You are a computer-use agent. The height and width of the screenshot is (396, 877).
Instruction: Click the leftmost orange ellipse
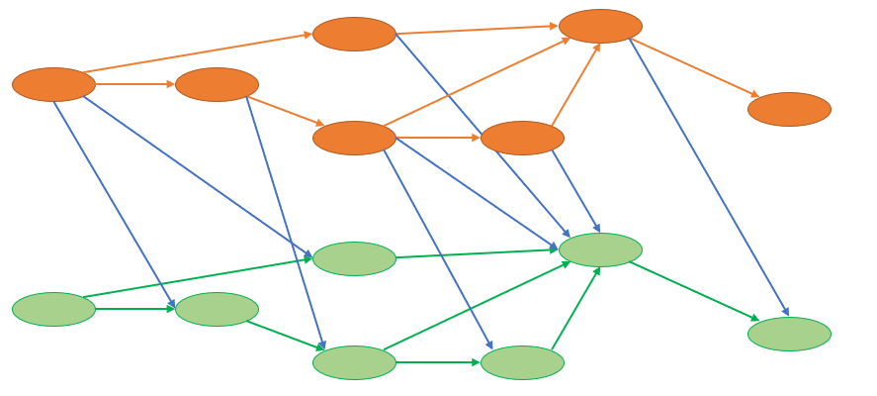click(x=53, y=84)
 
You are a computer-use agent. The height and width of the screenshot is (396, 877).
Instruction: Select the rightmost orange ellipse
click(x=789, y=109)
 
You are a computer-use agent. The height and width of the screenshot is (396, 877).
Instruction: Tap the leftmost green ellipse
click(x=53, y=309)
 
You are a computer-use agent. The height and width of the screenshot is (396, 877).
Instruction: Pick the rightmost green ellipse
click(x=789, y=334)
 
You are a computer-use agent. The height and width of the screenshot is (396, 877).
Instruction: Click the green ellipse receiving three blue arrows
click(x=600, y=249)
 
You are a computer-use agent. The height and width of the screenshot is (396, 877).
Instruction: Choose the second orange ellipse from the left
click(x=217, y=84)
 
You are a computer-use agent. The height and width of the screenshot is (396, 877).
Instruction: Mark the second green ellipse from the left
click(x=217, y=309)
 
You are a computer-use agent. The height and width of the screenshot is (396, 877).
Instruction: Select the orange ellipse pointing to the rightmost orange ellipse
click(x=600, y=26)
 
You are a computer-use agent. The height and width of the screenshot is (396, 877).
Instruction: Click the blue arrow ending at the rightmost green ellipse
click(x=708, y=176)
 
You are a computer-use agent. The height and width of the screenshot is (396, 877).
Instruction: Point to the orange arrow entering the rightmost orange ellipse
click(x=694, y=67)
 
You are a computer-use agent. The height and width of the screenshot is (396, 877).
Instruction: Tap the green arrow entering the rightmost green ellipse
click(x=694, y=292)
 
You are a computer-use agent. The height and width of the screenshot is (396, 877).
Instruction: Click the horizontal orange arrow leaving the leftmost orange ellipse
click(x=134, y=84)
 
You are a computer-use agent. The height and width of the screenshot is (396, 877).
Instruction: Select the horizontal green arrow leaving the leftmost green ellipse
click(x=134, y=309)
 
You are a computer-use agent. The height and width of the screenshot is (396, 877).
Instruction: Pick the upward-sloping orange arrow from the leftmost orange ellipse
click(x=198, y=53)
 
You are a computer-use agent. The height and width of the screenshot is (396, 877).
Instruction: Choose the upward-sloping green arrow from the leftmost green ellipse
click(x=198, y=278)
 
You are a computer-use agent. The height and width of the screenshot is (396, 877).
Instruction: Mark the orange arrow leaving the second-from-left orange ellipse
click(x=285, y=111)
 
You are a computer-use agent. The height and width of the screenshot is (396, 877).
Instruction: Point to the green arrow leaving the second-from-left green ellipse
click(x=285, y=336)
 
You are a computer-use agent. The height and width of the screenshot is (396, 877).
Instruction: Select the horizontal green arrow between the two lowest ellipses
click(x=438, y=362)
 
